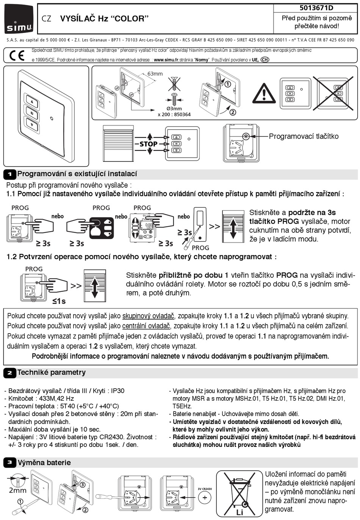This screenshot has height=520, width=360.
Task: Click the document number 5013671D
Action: [x=316, y=8]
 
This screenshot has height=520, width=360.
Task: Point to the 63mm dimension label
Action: [x=155, y=74]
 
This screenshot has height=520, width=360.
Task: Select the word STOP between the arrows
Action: [x=149, y=144]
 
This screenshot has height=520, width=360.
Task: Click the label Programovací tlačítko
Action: [x=304, y=136]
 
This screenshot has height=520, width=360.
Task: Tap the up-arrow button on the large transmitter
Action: [x=32, y=102]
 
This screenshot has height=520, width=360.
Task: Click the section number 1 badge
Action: [x=10, y=174]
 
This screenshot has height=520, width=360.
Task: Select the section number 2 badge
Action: [x=10, y=373]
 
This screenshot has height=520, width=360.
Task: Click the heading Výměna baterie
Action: [x=44, y=462]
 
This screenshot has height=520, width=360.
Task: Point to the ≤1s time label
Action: [x=59, y=301]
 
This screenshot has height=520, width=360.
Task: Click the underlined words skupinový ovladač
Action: [x=148, y=316]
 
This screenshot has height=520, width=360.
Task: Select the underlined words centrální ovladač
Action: [x=146, y=326]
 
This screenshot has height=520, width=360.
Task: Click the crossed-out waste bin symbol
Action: [x=239, y=493]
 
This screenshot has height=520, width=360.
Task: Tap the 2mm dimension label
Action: [x=18, y=490]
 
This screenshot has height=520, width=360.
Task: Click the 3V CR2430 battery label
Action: [x=205, y=489]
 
